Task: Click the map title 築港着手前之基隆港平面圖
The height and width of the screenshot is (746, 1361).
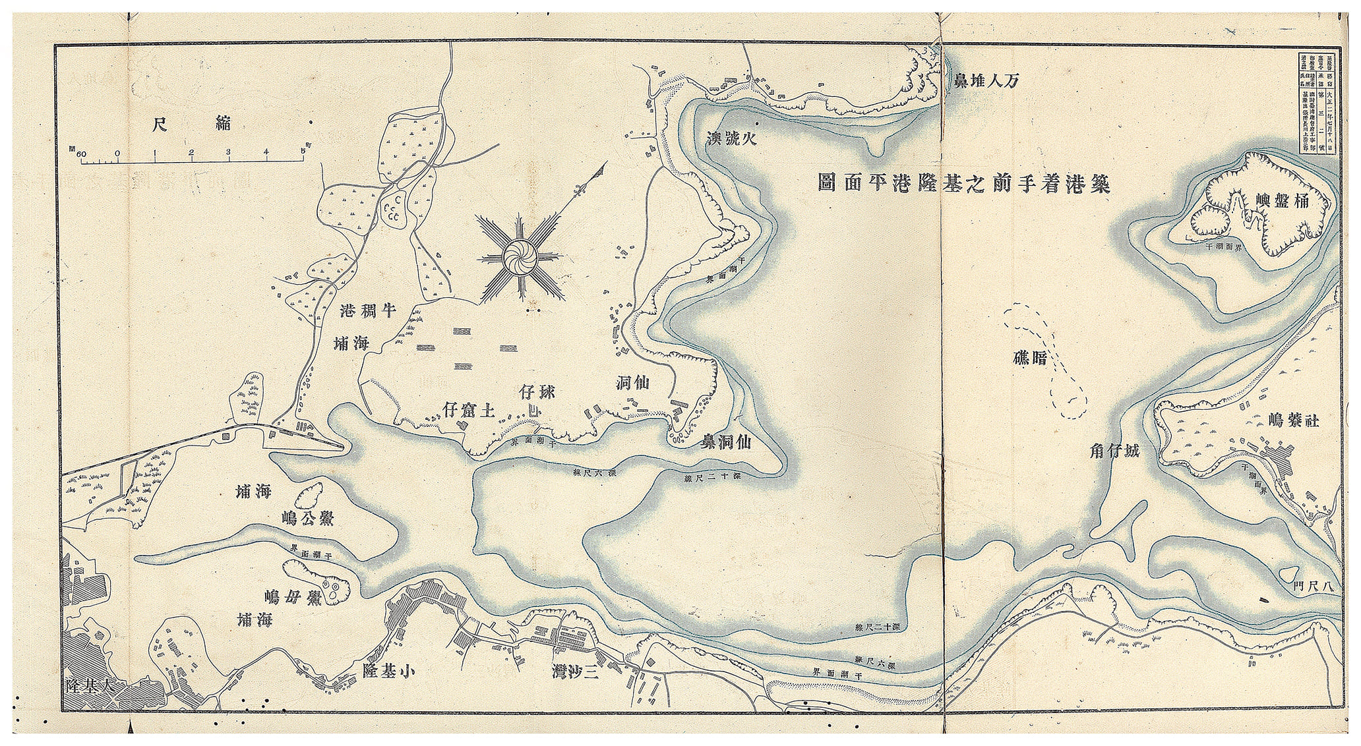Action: tap(962, 183)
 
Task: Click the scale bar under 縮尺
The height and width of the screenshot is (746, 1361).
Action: tap(191, 158)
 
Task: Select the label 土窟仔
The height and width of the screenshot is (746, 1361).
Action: tap(469, 411)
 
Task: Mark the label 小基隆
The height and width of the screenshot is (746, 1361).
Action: tap(389, 671)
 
